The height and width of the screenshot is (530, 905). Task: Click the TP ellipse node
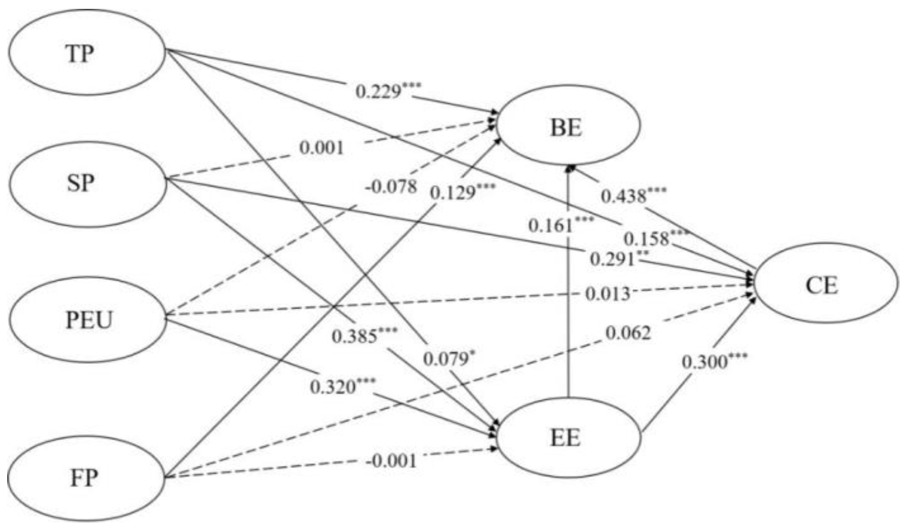tap(86, 52)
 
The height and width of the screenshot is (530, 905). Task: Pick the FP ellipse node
tap(86, 478)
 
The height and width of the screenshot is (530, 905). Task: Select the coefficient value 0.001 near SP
tap(322, 148)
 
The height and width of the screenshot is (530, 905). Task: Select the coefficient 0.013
tap(607, 294)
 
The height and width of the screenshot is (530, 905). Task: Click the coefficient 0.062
tap(628, 333)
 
